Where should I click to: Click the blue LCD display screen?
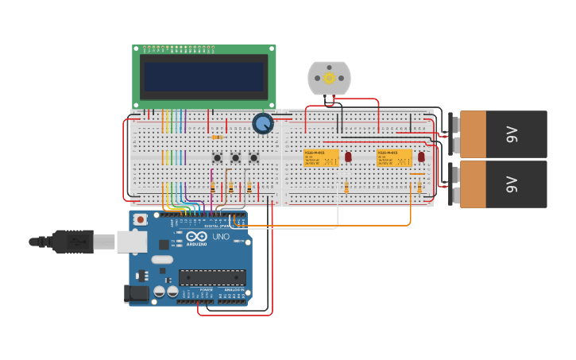tap(203, 77)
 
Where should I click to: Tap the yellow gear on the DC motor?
tap(329, 79)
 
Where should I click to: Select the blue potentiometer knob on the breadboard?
tap(263, 123)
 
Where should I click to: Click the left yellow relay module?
tap(321, 157)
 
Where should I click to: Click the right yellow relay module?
tap(394, 157)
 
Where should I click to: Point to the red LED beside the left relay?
tap(348, 157)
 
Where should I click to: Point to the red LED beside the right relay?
tap(421, 157)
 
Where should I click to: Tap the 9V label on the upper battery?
tap(512, 134)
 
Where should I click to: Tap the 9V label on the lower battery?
tap(512, 184)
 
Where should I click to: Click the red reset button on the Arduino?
tap(141, 219)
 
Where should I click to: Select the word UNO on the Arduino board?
tap(221, 236)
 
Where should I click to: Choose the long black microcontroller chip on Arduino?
tap(212, 277)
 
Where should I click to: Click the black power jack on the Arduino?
tap(137, 293)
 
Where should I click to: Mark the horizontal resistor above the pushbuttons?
tap(217, 137)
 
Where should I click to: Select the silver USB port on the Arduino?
tap(132, 241)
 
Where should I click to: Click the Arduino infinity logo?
tap(197, 236)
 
